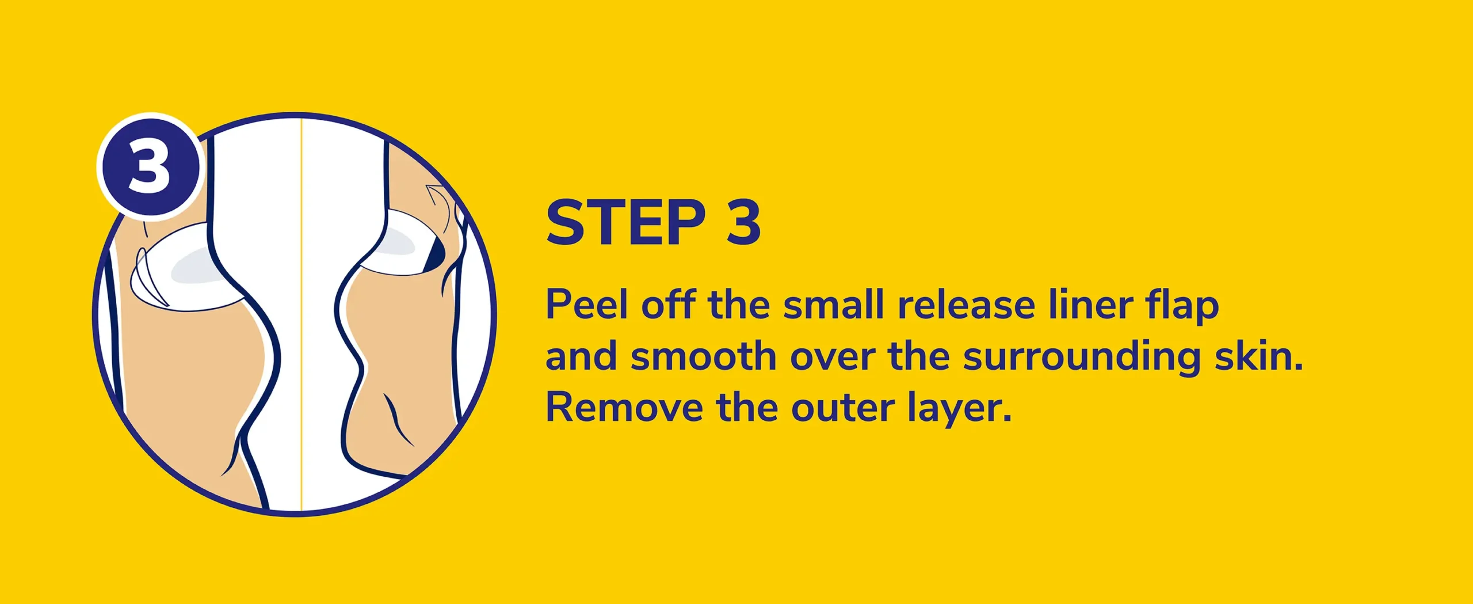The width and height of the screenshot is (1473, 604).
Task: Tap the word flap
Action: tap(1182, 306)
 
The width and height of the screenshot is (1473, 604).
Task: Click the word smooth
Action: tap(704, 356)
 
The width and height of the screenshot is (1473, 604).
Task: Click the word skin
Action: tap(1259, 356)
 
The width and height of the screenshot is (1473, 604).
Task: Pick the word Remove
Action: tap(624, 408)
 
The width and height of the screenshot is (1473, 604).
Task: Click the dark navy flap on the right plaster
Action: tap(435, 251)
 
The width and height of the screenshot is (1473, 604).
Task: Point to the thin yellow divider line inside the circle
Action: tap(302, 314)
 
